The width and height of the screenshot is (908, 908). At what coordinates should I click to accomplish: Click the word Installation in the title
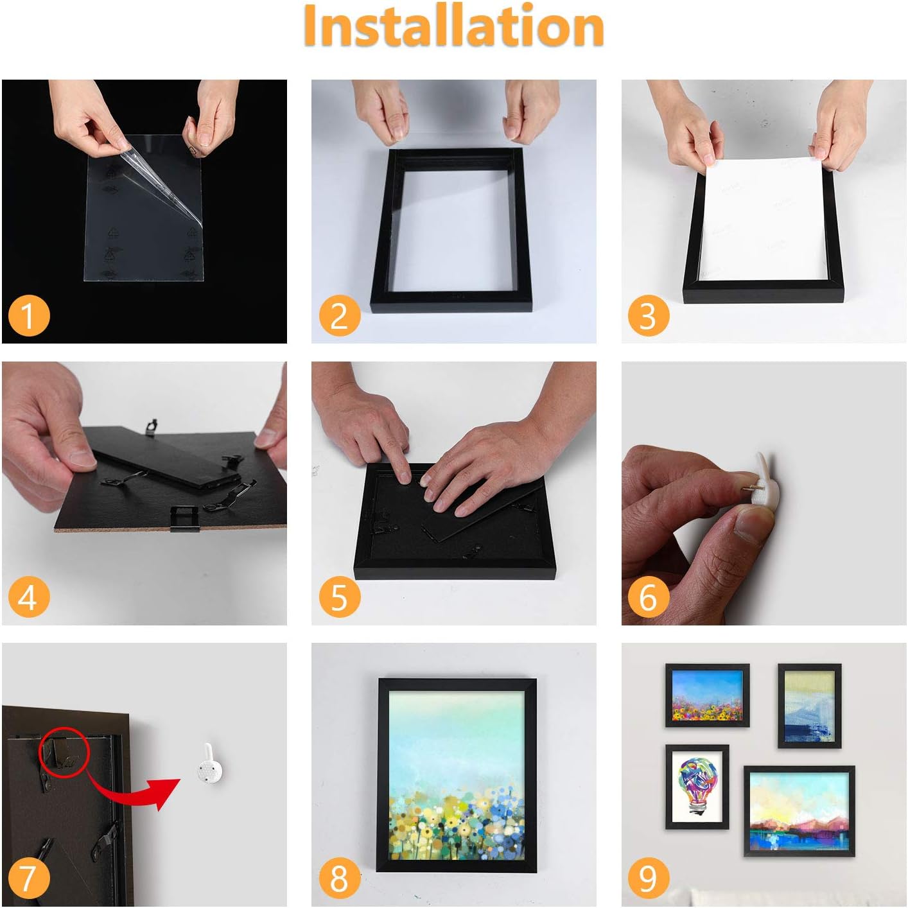coord(453,25)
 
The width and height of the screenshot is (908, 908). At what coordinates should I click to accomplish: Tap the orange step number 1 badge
coord(29,316)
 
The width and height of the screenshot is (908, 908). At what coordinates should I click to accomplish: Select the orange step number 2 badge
coord(339,316)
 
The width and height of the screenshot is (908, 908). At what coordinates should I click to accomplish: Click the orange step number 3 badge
coord(649,316)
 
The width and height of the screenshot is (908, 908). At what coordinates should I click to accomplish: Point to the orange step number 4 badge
coord(29,597)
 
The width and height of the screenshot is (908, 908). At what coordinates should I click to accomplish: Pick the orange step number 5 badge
coord(339,597)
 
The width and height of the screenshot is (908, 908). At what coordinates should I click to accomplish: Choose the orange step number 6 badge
coord(649,597)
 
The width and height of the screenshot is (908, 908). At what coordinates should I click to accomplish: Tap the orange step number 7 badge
coord(29,879)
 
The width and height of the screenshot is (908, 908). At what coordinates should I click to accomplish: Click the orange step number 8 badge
coord(339,879)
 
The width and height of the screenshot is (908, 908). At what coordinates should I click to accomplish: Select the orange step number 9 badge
coord(649,879)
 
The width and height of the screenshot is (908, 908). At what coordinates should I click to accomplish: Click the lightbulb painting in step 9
coord(697,787)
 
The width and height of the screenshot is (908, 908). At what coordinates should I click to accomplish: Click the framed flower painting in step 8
coord(457,775)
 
